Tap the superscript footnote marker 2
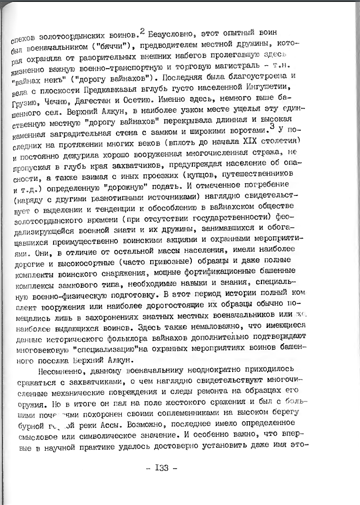tap(142, 30)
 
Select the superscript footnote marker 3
tap(271, 113)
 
